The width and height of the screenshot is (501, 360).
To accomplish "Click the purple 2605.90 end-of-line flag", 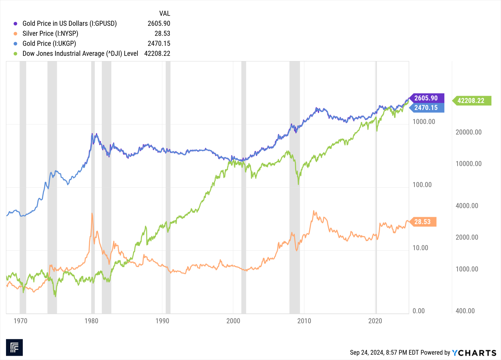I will pyautogui.click(x=426, y=98).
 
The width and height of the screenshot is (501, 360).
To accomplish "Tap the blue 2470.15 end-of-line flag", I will pyautogui.click(x=426, y=107).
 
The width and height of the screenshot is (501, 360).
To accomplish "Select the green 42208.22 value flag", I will pyautogui.click(x=471, y=101).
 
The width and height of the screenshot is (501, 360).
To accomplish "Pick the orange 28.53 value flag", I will pyautogui.click(x=423, y=222).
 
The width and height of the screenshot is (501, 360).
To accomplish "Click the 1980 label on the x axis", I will pyautogui.click(x=91, y=321).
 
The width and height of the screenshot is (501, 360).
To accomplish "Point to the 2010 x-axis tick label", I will pyautogui.click(x=304, y=321).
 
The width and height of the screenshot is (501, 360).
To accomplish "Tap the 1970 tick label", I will pyautogui.click(x=20, y=321).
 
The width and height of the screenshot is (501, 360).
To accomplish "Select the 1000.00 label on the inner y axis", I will pyautogui.click(x=424, y=122).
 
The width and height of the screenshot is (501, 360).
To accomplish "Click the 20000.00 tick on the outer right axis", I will pyautogui.click(x=469, y=132).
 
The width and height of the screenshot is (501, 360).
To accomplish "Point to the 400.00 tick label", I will pyautogui.click(x=465, y=311).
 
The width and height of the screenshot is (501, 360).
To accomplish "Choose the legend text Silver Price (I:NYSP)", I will pyautogui.click(x=50, y=33).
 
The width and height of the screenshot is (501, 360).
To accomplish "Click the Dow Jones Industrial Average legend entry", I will pyautogui.click(x=80, y=53).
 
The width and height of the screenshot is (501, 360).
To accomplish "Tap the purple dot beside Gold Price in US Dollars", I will pyautogui.click(x=15, y=23).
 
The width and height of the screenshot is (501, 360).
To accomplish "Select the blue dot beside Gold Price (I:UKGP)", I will pyautogui.click(x=15, y=44).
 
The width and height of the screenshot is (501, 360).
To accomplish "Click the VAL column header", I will pyautogui.click(x=165, y=13).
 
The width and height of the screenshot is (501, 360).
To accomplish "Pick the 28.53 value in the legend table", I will pyautogui.click(x=162, y=33).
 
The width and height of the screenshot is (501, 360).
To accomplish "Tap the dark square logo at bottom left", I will pyautogui.click(x=14, y=347).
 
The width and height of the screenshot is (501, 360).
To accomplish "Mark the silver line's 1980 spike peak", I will pyautogui.click(x=92, y=213).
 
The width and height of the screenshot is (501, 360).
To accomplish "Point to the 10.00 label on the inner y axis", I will pyautogui.click(x=420, y=248).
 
